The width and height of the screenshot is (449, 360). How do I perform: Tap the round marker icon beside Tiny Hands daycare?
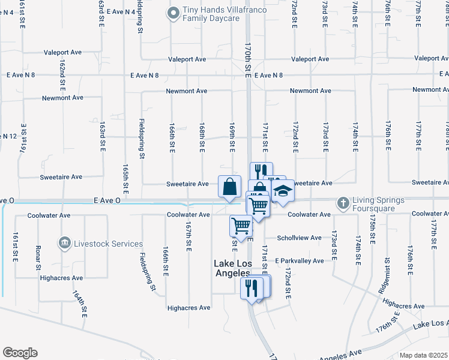[x=173, y=12]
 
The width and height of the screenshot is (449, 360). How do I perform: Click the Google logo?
[x=20, y=353]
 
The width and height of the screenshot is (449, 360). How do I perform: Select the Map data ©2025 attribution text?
[x=424, y=355]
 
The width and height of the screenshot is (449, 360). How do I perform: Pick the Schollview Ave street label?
[x=299, y=238]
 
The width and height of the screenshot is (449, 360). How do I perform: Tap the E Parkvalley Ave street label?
[x=300, y=261]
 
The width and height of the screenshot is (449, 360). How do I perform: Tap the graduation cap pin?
[x=283, y=191]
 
